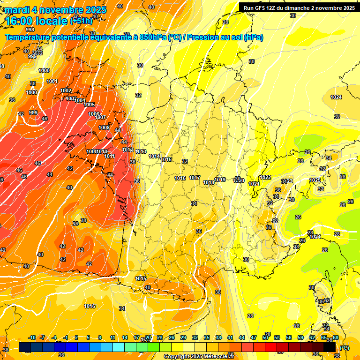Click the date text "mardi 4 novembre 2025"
pos(56,10)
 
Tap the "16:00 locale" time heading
pos(37,21)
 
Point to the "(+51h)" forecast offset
pos(81,21)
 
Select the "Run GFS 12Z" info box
pos(299,7)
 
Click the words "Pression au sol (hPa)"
pos(225,37)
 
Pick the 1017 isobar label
pos(195,178)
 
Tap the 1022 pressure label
pos(265,177)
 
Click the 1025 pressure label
pos(315,180)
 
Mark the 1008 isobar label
pos(104,127)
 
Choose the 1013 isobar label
pos(141,151)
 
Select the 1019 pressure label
pos(220,180)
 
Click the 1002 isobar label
pos(66,90)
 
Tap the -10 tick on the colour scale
pos(32,338)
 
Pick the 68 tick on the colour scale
pos(336,338)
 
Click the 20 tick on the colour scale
pos(148,338)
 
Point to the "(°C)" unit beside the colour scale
pos(345,348)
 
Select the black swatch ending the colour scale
pos(330,347)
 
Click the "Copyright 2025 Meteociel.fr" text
pos(199,357)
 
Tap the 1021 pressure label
pos(254,184)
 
